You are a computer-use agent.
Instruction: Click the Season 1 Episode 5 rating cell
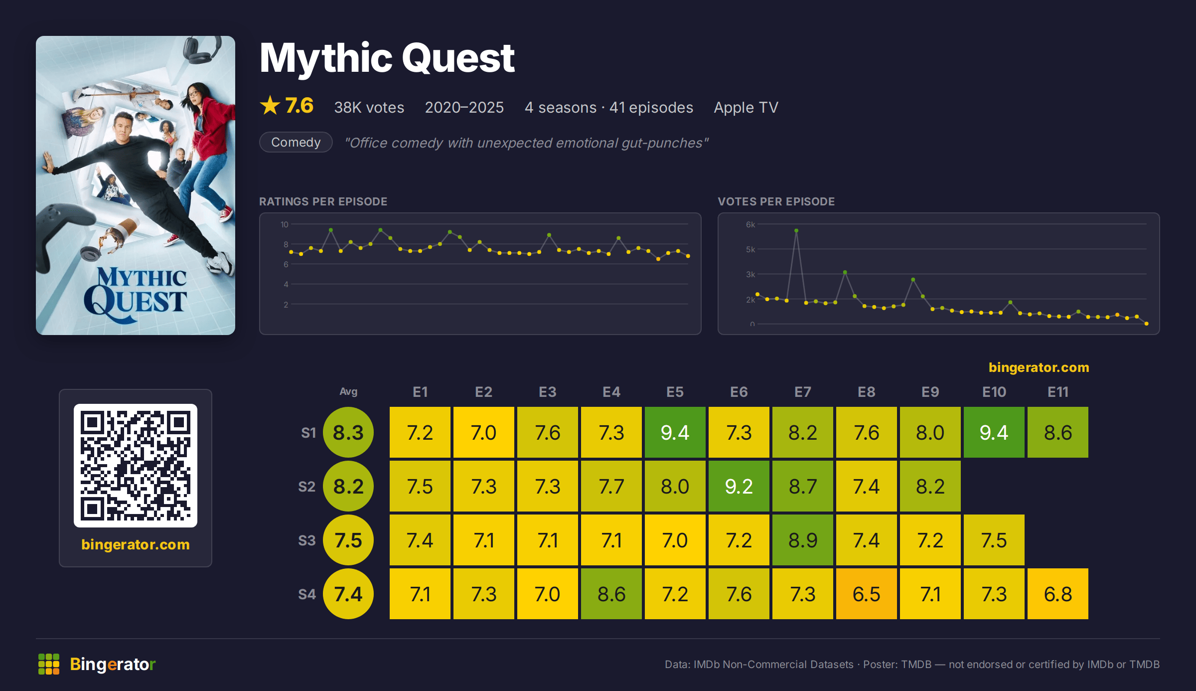tap(675, 432)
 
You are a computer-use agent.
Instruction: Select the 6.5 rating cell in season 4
tap(866, 594)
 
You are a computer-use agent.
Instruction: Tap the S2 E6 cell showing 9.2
tap(739, 486)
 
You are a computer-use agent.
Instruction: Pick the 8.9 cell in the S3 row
tap(802, 540)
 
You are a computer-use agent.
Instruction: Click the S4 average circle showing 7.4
tap(348, 594)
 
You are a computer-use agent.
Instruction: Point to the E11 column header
tap(1057, 392)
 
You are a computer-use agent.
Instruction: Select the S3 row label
tap(306, 540)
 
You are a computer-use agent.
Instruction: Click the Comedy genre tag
tap(296, 142)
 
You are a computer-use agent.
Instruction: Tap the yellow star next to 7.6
tap(270, 105)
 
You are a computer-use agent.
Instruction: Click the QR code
tap(136, 466)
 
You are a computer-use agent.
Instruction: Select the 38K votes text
tap(369, 107)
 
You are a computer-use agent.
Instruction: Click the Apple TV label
tap(746, 107)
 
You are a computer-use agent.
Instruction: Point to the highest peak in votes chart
tap(796, 230)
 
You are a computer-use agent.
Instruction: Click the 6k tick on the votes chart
tap(750, 224)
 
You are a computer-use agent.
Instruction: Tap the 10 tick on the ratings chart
tap(284, 224)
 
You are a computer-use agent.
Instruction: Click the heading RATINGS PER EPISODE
tap(323, 201)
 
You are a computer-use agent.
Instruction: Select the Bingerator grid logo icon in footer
tap(49, 664)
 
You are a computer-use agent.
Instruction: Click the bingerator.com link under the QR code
tap(136, 544)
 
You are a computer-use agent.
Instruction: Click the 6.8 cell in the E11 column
tap(1057, 594)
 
